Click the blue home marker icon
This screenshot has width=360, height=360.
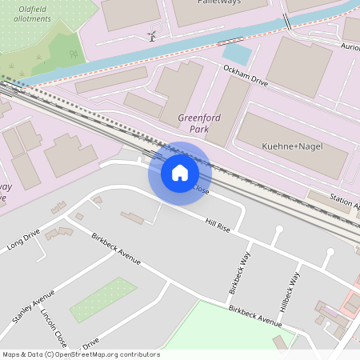click(180, 172)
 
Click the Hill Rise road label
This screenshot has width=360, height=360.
click(218, 226)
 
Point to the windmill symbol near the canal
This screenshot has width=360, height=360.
click(151, 35)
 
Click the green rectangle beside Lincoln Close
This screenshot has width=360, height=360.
click(103, 300)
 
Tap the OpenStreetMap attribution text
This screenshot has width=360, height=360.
click(80, 354)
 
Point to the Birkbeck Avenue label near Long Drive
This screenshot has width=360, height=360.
click(116, 250)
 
